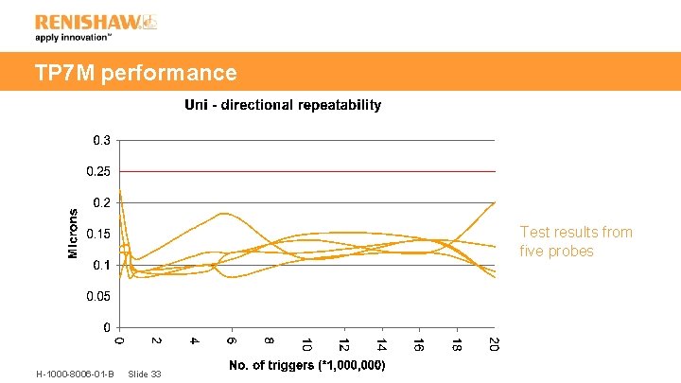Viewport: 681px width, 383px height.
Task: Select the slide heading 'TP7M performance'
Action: tap(135, 73)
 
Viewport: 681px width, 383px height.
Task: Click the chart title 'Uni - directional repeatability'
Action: tap(282, 105)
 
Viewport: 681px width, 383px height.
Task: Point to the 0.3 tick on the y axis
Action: tap(100, 140)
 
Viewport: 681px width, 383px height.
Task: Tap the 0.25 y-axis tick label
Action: tap(97, 171)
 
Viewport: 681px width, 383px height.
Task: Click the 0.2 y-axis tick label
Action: tap(100, 202)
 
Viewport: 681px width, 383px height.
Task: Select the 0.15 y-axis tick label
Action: tap(97, 234)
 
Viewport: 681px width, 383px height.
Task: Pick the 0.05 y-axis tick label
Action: tap(97, 296)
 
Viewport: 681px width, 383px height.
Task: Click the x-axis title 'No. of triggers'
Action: tap(306, 365)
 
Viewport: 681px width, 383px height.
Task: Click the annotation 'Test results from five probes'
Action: tap(576, 241)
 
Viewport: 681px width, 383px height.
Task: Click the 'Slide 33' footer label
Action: tap(144, 374)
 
